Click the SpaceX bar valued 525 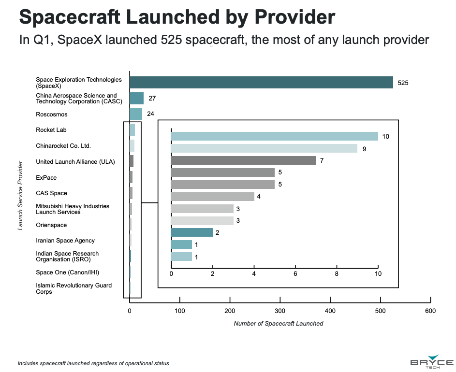[261, 83]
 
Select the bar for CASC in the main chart [136, 99]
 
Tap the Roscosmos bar [135, 114]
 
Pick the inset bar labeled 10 [274, 136]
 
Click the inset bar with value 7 [243, 160]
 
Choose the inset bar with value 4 [212, 197]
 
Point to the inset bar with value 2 [191, 232]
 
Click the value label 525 [403, 83]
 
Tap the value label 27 [152, 99]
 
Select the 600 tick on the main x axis [430, 312]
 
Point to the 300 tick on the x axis [280, 312]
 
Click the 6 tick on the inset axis [295, 274]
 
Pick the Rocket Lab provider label [51, 130]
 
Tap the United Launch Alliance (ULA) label [75, 162]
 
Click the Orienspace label [51, 225]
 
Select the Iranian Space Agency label [65, 241]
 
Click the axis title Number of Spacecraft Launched [279, 324]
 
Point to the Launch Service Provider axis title [20, 196]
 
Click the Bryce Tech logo [432, 363]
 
